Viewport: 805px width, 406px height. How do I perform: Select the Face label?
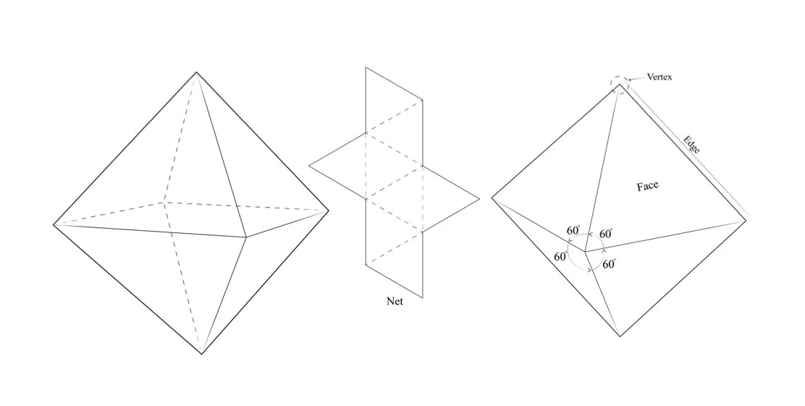[x=647, y=187]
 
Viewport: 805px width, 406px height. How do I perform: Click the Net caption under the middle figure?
[x=395, y=302]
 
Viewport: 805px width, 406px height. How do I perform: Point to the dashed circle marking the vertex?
[x=620, y=85]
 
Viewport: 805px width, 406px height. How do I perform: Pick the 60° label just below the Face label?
[x=606, y=234]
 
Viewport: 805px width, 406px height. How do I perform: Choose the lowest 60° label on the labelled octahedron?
[x=608, y=265]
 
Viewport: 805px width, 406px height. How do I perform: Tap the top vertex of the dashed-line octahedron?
[x=196, y=72]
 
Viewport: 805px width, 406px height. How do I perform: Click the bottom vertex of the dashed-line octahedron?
[x=202, y=354]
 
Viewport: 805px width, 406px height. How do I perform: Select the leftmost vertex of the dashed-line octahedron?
[x=54, y=224]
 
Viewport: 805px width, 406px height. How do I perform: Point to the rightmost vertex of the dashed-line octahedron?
[x=329, y=211]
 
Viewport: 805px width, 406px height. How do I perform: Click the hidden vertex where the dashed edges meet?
[x=164, y=202]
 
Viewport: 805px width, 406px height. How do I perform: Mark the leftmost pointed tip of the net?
[x=309, y=166]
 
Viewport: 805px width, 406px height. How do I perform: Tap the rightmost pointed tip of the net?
[x=479, y=199]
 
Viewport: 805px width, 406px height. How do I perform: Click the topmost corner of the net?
[x=366, y=67]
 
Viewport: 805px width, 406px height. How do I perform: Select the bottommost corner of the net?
[x=422, y=297]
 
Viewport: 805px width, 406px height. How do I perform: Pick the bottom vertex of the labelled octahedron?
[x=619, y=337]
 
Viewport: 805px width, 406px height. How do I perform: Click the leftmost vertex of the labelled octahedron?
[x=492, y=197]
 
